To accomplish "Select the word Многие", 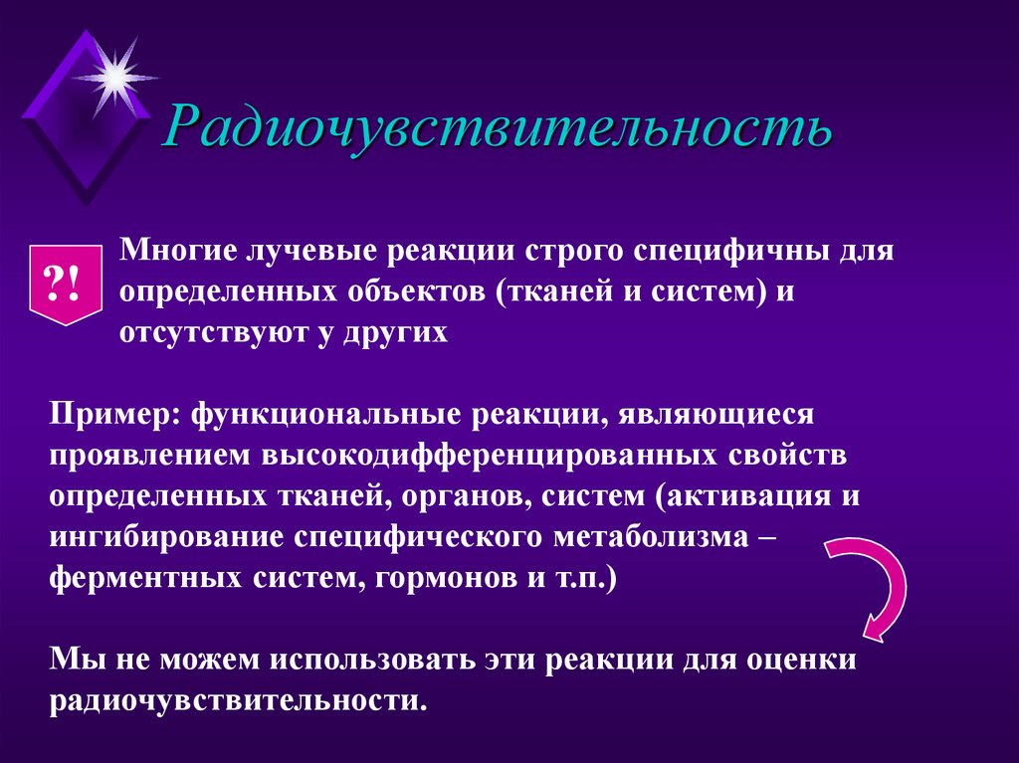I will coord(173,251).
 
